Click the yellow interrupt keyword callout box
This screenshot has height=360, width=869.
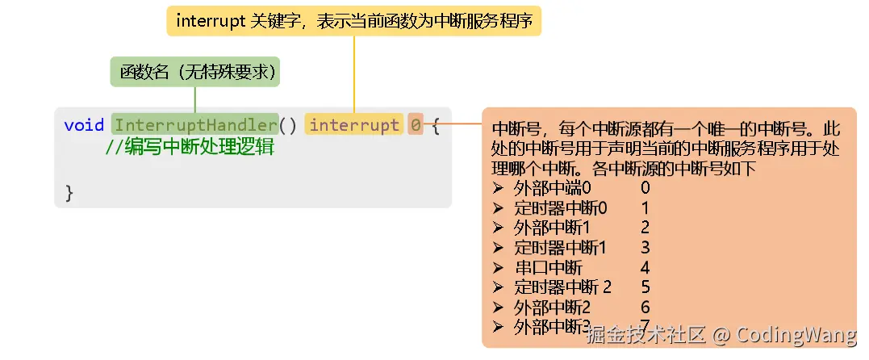(x=354, y=21)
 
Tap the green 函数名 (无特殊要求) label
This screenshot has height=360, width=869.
(x=194, y=72)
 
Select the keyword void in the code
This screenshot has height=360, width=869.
(x=84, y=125)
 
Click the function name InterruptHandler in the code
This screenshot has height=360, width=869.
(x=194, y=125)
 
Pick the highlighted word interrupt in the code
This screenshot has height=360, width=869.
(x=354, y=125)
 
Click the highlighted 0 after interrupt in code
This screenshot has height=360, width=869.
(x=415, y=125)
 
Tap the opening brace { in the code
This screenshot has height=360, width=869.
(x=436, y=125)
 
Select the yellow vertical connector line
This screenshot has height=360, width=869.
(x=354, y=73)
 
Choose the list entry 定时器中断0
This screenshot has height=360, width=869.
(x=561, y=207)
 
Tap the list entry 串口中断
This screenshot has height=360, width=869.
(x=548, y=267)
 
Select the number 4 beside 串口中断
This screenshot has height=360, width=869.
(x=645, y=267)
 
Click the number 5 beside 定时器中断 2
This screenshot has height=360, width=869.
(x=645, y=287)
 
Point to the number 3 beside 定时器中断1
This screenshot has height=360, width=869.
(x=645, y=247)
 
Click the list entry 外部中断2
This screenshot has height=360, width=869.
(x=553, y=307)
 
